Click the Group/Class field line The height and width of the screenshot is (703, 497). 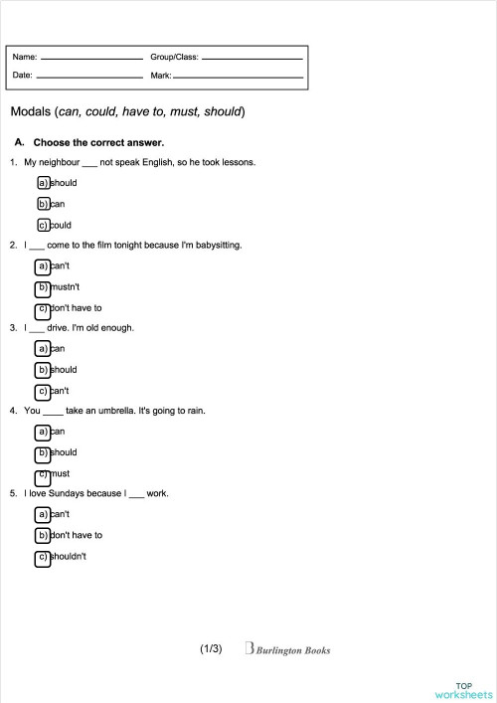[x=252, y=59]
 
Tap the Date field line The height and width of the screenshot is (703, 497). [x=89, y=77]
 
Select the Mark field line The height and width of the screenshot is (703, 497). [x=239, y=77]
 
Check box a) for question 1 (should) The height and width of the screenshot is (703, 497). [x=43, y=183]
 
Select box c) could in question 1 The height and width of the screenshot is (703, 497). [x=43, y=225]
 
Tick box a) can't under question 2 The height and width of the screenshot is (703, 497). [x=43, y=266]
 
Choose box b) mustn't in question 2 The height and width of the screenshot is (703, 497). [x=43, y=287]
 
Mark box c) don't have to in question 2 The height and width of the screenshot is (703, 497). [x=43, y=308]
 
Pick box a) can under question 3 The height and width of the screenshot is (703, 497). [x=43, y=349]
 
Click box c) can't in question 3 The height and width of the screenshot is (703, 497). [x=43, y=391]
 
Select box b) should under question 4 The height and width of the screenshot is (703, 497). [x=43, y=452]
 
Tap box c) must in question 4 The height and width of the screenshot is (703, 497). [x=43, y=474]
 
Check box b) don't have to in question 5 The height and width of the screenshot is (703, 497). [x=43, y=535]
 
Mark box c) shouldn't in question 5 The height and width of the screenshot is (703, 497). [x=43, y=557]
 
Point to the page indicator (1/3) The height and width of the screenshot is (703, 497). [x=211, y=649]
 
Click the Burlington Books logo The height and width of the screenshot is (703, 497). [x=287, y=650]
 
